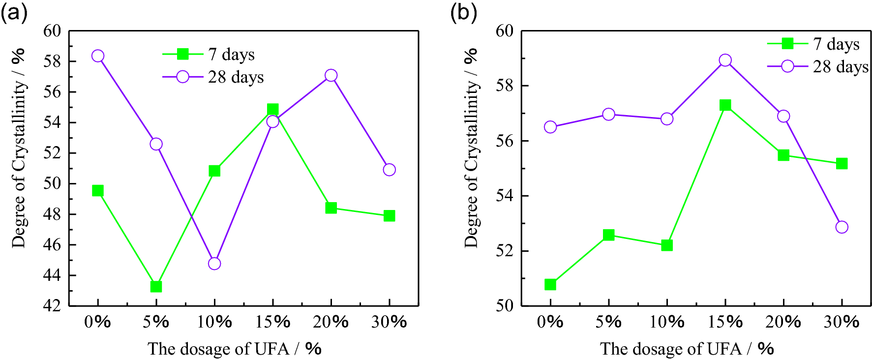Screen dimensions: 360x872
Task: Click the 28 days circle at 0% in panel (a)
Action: (98, 56)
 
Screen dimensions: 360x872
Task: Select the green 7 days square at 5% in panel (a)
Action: (156, 286)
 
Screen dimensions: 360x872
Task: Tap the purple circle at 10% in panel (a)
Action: (214, 264)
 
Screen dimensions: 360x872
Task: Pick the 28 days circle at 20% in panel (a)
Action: (331, 75)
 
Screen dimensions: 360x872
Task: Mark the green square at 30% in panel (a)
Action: (389, 216)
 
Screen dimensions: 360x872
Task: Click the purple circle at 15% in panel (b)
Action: (725, 60)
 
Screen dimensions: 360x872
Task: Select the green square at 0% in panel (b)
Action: (550, 285)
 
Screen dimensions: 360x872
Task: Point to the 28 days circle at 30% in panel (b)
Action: (842, 227)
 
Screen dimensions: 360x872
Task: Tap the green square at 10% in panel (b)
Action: (667, 245)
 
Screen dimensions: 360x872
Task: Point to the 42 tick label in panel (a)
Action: (52, 305)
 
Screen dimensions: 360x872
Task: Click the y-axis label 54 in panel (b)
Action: (504, 196)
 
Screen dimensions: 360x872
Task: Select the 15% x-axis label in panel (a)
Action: (272, 322)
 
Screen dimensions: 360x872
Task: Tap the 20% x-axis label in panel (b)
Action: (783, 322)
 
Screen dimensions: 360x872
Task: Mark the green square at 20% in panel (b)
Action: (783, 155)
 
